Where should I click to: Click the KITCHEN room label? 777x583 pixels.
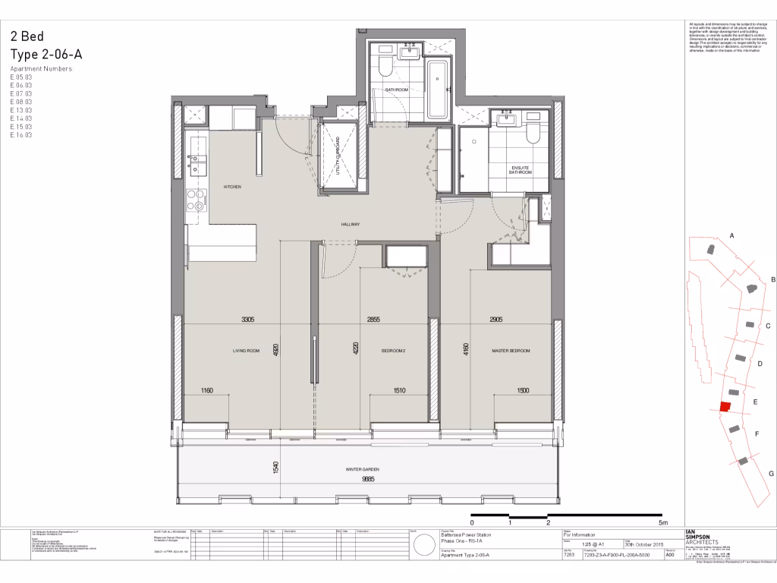click(x=232, y=186)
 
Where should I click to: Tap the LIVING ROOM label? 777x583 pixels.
click(x=246, y=351)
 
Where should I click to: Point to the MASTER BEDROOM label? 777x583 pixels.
click(x=510, y=351)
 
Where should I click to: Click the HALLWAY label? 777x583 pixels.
click(x=350, y=225)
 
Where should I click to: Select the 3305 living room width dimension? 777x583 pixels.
click(x=247, y=320)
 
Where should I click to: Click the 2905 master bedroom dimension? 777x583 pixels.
click(x=497, y=320)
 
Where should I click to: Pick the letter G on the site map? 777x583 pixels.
click(x=771, y=474)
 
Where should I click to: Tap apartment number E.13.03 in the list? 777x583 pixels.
click(x=21, y=110)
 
